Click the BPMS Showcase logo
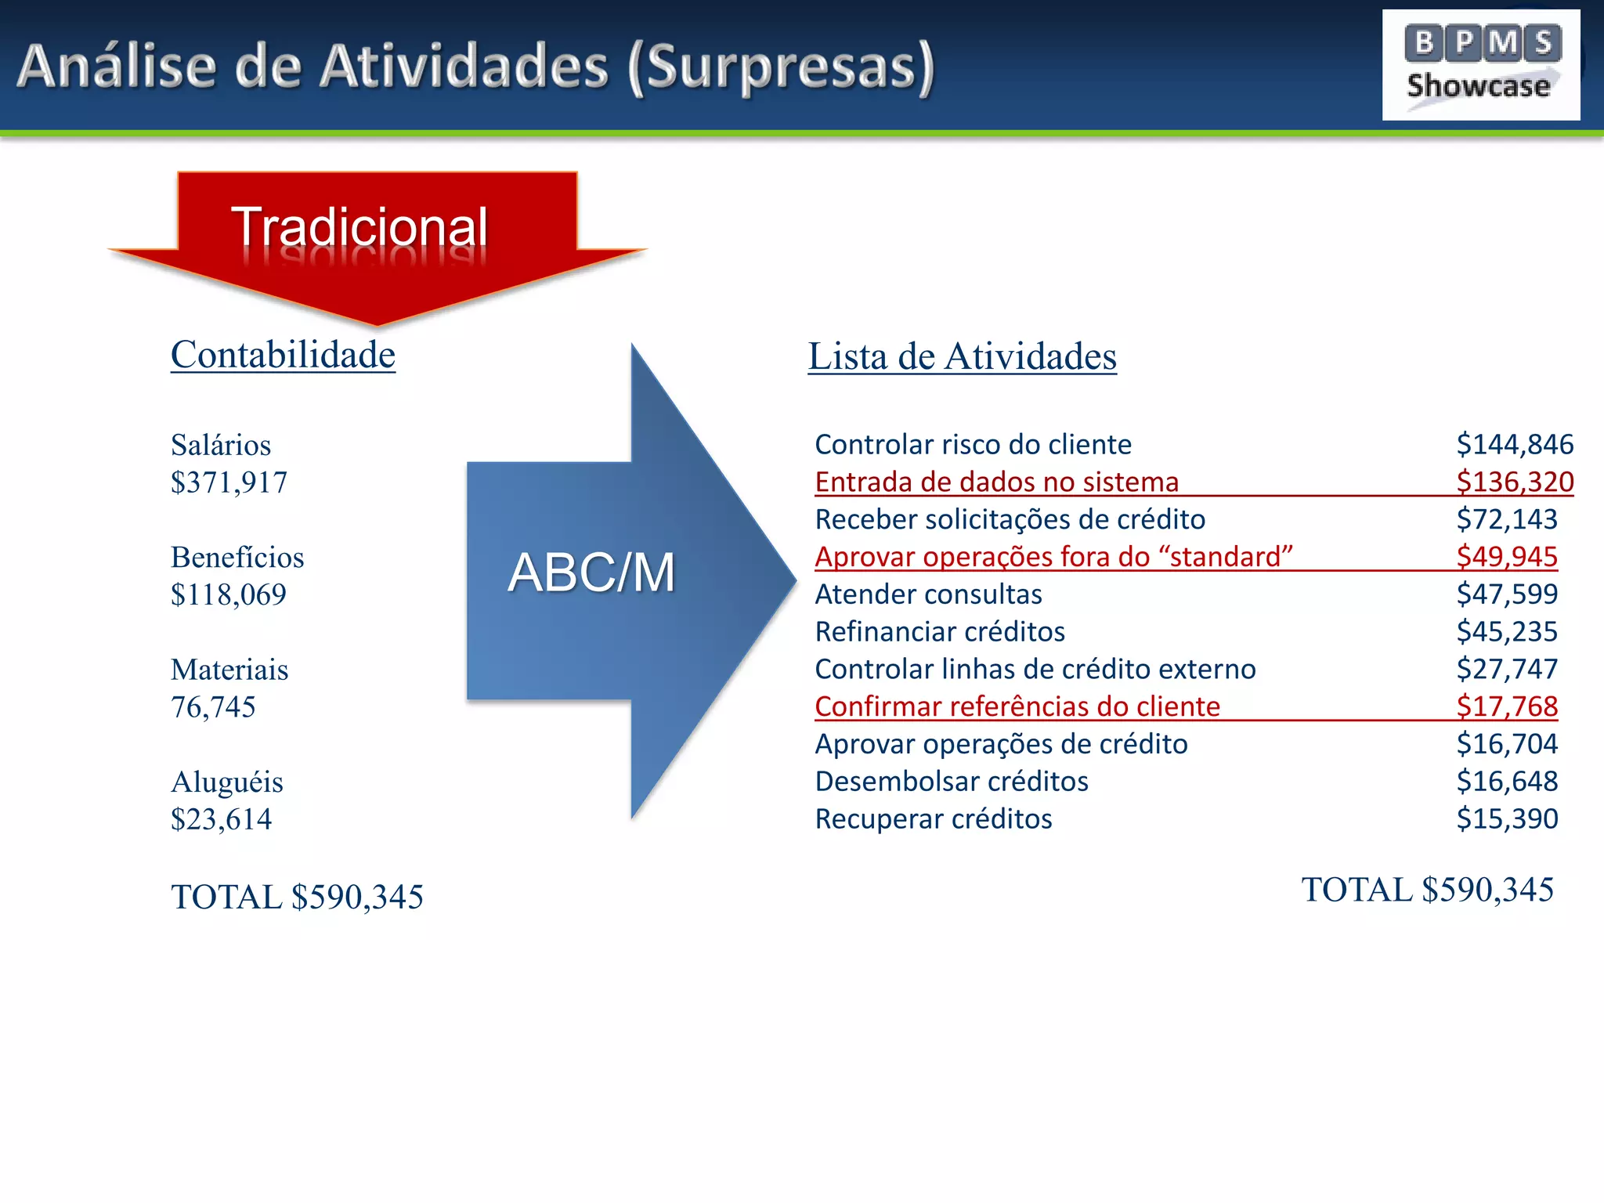pos(1480,65)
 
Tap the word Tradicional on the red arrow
pos(359,227)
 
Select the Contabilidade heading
pos(283,355)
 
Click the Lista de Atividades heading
pos(962,356)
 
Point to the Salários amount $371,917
pos(229,482)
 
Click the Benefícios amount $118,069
pos(229,595)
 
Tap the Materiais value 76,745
pos(213,707)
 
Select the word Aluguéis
pos(227,782)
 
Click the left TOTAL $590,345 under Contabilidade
pos(297,897)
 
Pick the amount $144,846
pos(1515,444)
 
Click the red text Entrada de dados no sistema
pos(996,482)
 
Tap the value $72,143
pos(1507,519)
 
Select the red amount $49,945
pos(1507,557)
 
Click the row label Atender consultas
pos(928,594)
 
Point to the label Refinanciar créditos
pos(940,631)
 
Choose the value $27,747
pos(1507,669)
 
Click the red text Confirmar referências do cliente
pos(1017,706)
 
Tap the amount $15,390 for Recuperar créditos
pos(1507,818)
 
